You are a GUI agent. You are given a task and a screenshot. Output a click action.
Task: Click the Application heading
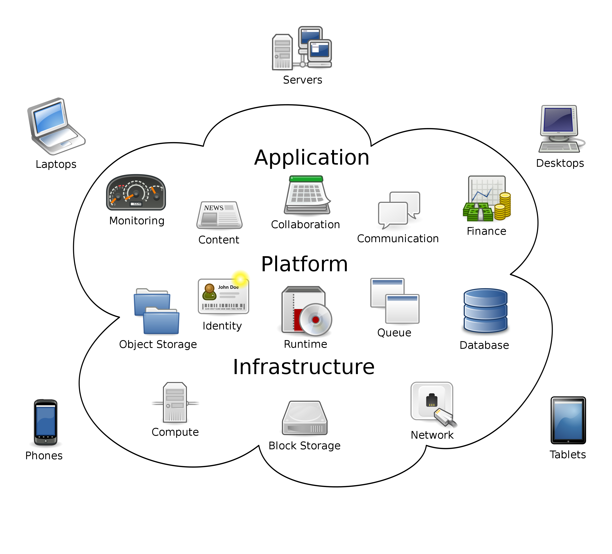[312, 158]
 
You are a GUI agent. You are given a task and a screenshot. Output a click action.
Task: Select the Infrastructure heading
[304, 367]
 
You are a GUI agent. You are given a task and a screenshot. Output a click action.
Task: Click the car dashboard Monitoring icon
[136, 192]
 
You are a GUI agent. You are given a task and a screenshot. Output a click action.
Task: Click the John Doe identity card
[223, 296]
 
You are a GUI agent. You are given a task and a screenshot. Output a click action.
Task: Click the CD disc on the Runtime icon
[316, 319]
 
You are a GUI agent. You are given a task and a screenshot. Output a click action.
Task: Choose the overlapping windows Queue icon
[395, 301]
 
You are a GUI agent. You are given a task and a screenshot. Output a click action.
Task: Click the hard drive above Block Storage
[305, 418]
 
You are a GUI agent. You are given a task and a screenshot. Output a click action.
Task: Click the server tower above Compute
[175, 402]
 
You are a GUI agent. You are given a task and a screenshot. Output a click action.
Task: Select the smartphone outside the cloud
[45, 422]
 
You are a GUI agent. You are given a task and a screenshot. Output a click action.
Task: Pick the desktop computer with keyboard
[560, 129]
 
